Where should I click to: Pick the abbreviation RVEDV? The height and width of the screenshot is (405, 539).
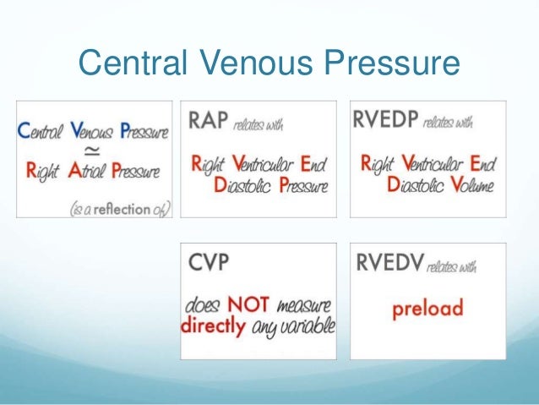click(x=386, y=265)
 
